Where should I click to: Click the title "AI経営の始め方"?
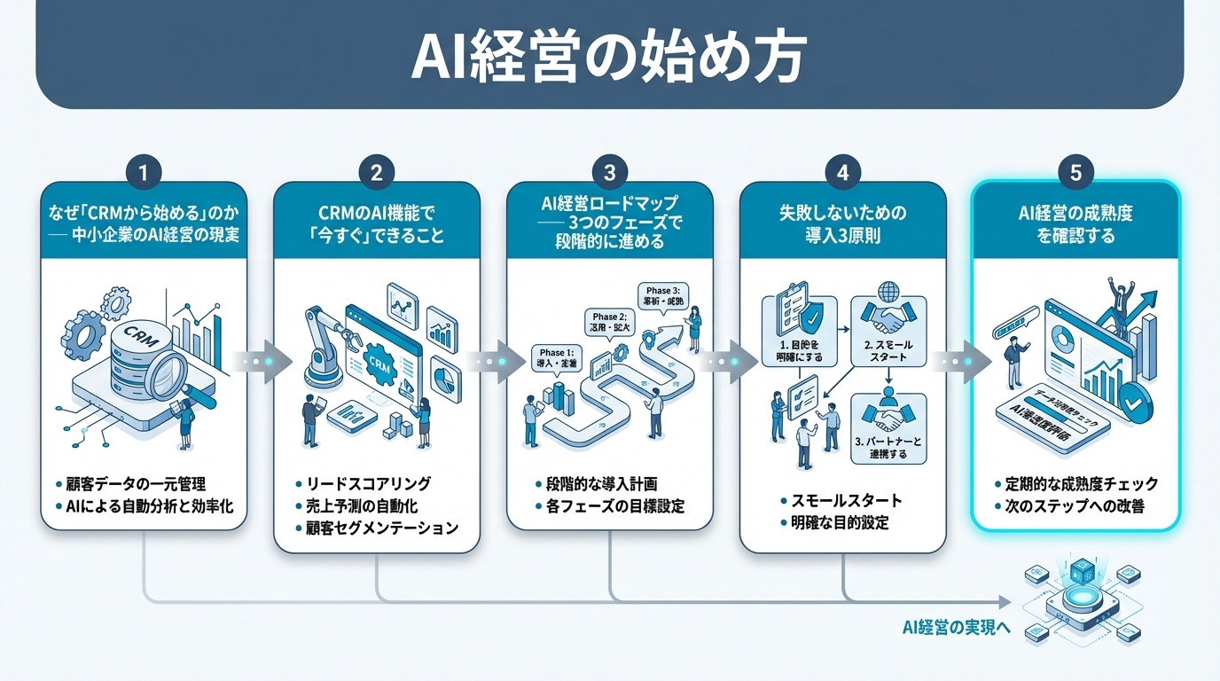609,58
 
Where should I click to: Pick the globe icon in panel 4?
887,293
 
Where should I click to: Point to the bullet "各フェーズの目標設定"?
610,507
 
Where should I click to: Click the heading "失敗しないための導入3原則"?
841,225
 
